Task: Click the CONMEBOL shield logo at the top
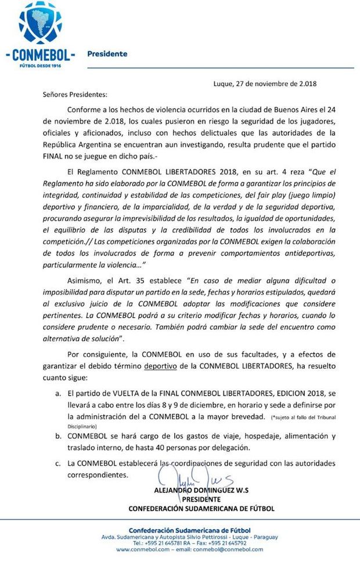[40, 26]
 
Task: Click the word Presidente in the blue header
[107, 54]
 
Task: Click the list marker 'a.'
[58, 393]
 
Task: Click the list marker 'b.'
[58, 436]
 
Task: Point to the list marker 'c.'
[58, 463]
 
